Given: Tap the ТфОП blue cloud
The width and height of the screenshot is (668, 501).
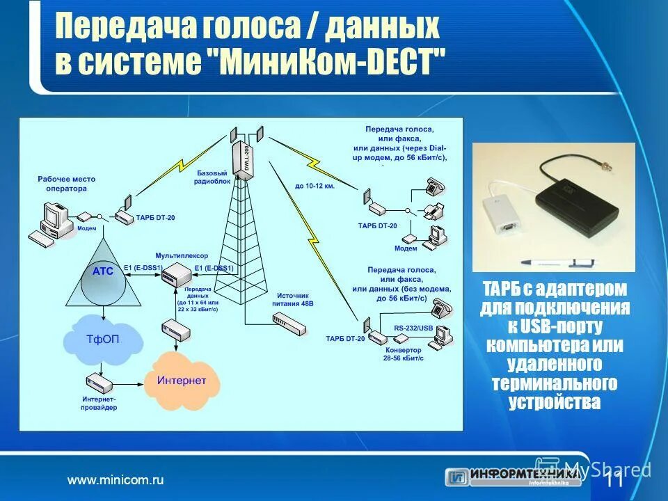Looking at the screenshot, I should click(x=104, y=340).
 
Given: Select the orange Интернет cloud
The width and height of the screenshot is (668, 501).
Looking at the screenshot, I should click(x=182, y=381).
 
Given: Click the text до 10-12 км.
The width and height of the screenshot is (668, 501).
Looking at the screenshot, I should click(x=315, y=186).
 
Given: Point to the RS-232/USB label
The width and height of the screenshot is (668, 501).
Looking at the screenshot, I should click(x=413, y=327).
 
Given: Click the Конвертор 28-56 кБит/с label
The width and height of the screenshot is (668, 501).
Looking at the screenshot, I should click(x=402, y=354).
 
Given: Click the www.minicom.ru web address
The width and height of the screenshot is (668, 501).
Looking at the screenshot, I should click(x=115, y=480).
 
